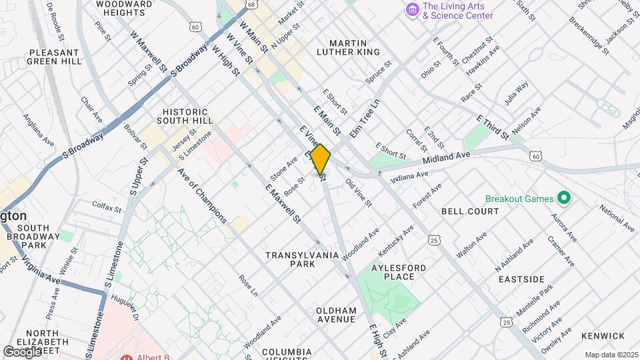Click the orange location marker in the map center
point(320,160)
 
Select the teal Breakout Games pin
point(564,198)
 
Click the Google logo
point(21,351)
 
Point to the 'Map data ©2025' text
point(610,355)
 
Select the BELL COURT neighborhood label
point(470,211)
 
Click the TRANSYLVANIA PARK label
point(299,259)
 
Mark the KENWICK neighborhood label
point(603,336)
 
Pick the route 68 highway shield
point(250,5)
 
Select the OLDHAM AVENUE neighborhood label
point(336,315)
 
